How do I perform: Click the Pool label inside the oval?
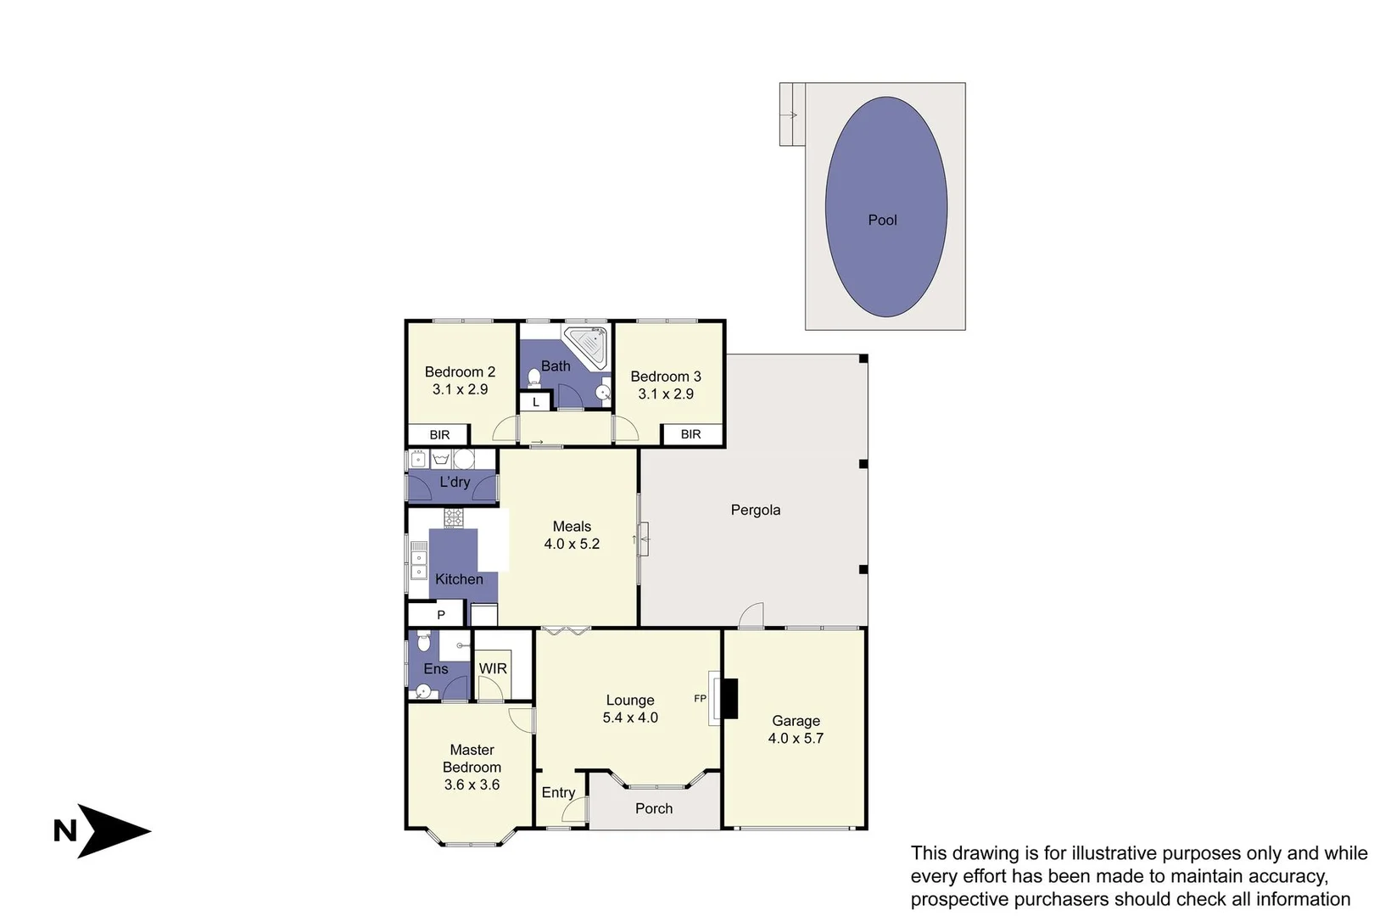coord(882,220)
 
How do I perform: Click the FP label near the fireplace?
coord(700,699)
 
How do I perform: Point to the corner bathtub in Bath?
coord(588,346)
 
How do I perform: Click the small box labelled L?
coord(536,402)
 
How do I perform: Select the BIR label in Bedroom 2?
coord(439,435)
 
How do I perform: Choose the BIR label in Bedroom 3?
coord(690,434)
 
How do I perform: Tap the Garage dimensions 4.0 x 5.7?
coord(796,738)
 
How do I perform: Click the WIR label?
coord(493,668)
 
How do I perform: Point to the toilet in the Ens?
coord(424,642)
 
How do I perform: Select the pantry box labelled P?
coord(440,614)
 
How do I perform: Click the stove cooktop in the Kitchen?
coord(454,517)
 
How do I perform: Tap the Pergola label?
coord(755,510)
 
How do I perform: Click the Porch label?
coord(653,808)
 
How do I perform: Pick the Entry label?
coord(558,792)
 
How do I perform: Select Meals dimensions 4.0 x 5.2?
coord(572,544)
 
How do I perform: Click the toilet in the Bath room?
coord(534,376)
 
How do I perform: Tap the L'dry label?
coord(455,482)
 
